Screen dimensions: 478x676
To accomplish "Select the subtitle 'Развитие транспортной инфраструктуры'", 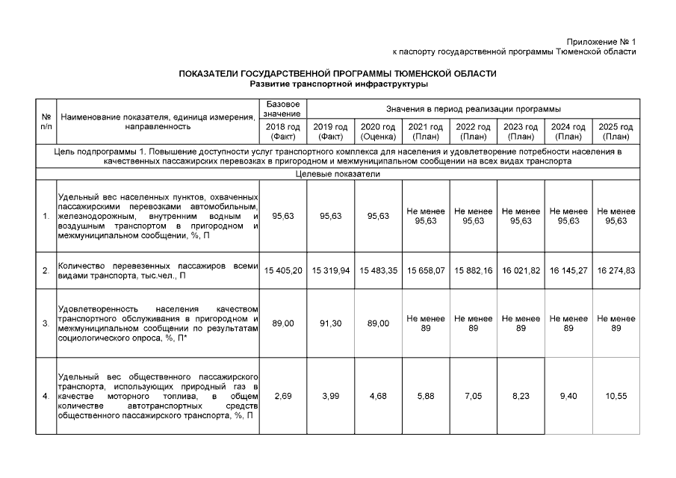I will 337,84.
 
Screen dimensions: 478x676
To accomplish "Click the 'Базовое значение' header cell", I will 283,108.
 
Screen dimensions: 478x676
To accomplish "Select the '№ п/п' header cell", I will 46,122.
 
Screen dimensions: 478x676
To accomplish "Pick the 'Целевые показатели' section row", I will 337,174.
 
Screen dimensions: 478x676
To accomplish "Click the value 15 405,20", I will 283,270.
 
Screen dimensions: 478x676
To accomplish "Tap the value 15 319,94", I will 331,270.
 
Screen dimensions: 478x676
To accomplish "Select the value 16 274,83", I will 616,270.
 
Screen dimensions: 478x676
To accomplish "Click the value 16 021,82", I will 521,270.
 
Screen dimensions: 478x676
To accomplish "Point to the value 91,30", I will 331,323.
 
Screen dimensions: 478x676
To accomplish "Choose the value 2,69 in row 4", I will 283,396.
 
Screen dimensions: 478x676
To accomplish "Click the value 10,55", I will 616,396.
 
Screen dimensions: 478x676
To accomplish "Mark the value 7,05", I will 474,396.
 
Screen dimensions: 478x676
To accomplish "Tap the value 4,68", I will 378,396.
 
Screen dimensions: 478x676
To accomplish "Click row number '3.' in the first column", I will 46,323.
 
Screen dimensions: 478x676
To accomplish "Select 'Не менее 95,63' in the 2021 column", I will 426,216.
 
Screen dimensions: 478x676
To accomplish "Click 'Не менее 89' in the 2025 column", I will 616,323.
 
